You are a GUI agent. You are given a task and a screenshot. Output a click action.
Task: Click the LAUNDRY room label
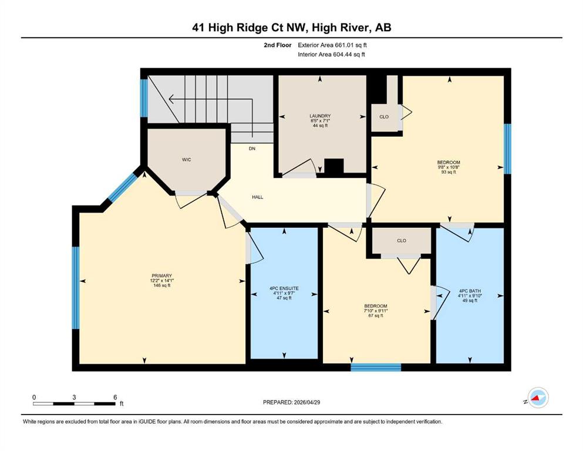(x=320, y=116)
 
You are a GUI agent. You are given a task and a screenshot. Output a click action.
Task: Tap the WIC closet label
(x=186, y=160)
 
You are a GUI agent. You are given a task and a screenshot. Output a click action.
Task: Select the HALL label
(x=257, y=197)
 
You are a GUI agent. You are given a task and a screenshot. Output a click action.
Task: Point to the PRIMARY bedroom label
(x=161, y=276)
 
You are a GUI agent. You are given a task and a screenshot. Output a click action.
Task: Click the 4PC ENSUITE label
(x=284, y=288)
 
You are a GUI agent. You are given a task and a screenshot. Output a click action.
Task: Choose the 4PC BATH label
(x=470, y=291)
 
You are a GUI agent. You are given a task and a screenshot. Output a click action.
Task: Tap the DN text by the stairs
(x=252, y=149)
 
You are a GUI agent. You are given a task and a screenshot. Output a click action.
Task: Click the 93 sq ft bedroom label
(x=449, y=167)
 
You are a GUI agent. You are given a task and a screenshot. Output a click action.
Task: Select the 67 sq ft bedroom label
(x=376, y=311)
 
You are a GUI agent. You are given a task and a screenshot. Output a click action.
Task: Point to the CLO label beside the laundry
(x=384, y=117)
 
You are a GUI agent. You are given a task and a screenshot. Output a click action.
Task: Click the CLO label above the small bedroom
(x=402, y=241)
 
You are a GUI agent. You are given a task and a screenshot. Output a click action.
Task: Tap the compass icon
(x=538, y=398)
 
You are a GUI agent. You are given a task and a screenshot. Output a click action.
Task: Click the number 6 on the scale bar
(x=115, y=397)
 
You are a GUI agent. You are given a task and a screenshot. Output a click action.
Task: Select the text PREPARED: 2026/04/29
(x=291, y=402)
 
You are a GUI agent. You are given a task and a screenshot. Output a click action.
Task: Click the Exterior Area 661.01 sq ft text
(x=332, y=45)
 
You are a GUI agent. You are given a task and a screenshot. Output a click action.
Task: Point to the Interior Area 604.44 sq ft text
(x=331, y=55)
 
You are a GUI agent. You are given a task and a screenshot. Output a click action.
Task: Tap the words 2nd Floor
(x=277, y=45)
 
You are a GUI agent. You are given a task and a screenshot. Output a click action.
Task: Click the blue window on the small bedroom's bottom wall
(x=376, y=368)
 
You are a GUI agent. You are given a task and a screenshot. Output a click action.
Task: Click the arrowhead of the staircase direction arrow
(x=171, y=99)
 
